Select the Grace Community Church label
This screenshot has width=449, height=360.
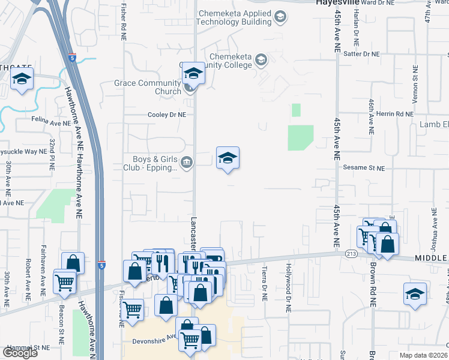[x=148, y=87]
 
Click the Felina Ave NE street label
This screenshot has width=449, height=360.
[x=52, y=122]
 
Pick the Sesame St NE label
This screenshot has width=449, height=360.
[x=364, y=169]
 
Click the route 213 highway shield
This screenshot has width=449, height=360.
[x=352, y=254]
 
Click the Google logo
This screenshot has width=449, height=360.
[x=20, y=353]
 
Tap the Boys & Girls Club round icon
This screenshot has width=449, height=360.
[x=187, y=161]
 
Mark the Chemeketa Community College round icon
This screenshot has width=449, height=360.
[x=261, y=59]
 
